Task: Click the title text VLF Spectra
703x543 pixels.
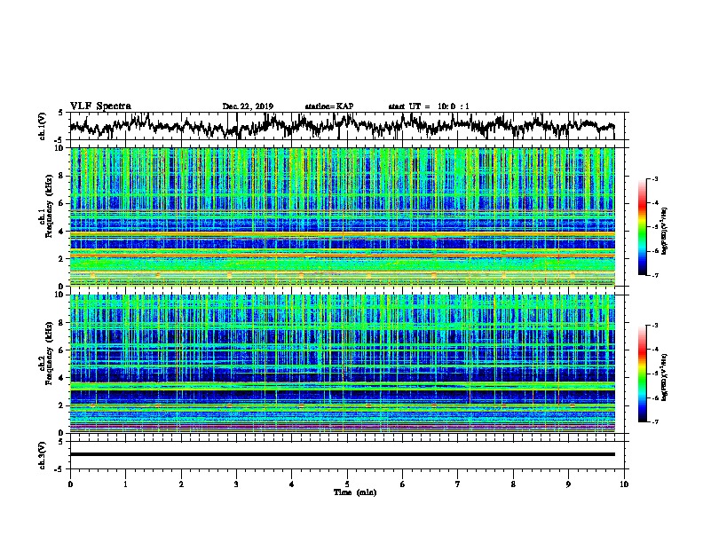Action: pyautogui.click(x=100, y=106)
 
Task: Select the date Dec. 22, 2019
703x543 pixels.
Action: pyautogui.click(x=248, y=106)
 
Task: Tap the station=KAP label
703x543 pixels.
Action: pyautogui.click(x=328, y=106)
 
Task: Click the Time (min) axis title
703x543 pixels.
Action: pyautogui.click(x=347, y=492)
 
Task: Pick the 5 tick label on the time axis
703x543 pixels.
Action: pyautogui.click(x=347, y=484)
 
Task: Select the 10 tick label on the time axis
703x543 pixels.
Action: pyautogui.click(x=624, y=484)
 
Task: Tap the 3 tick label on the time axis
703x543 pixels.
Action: pyautogui.click(x=236, y=484)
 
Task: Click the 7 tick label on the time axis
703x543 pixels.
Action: pyautogui.click(x=458, y=484)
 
